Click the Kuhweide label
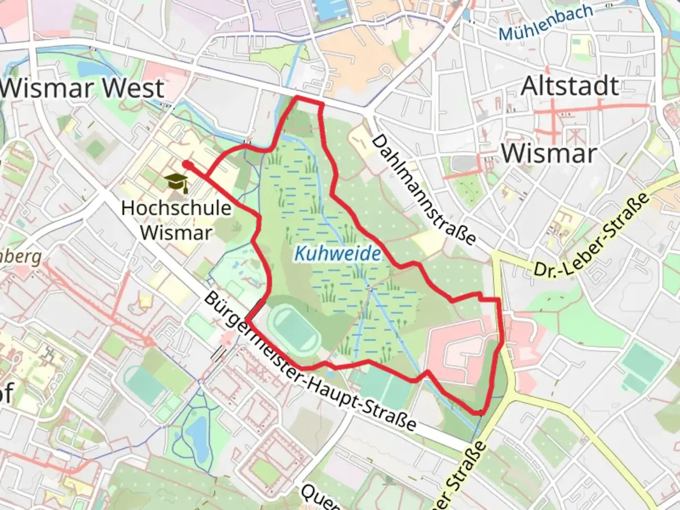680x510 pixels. (337, 254)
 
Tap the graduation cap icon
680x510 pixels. (177, 182)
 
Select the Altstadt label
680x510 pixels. (569, 86)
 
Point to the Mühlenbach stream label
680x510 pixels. (545, 23)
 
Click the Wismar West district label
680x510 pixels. (83, 88)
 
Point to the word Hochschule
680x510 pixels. (176, 208)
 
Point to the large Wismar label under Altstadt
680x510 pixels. (549, 153)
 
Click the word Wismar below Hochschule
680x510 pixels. (176, 232)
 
